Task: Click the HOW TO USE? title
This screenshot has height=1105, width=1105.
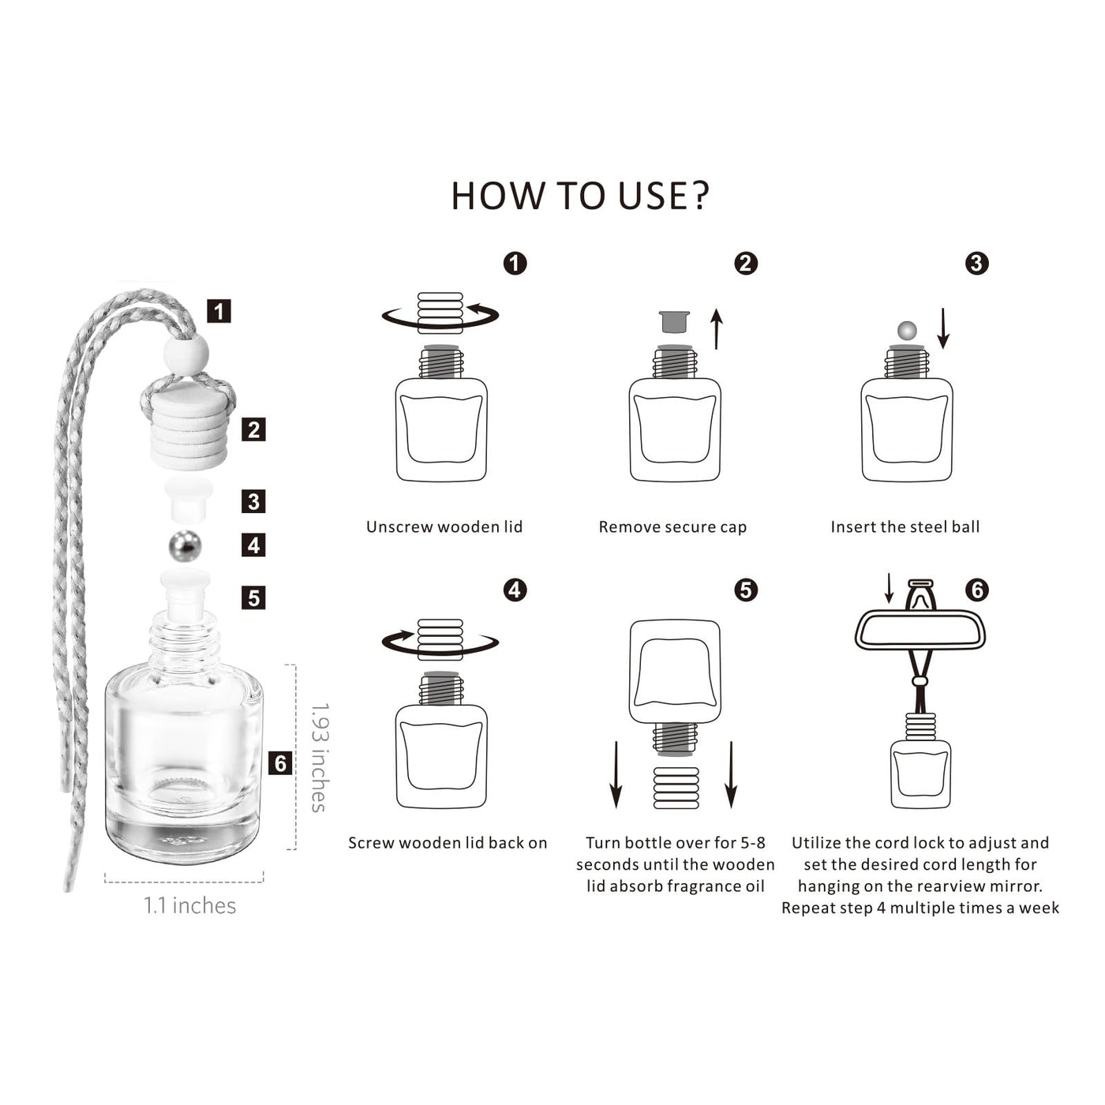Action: point(580,196)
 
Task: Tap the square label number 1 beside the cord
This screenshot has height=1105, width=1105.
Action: point(219,311)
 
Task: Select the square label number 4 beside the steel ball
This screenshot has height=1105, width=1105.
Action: point(253,545)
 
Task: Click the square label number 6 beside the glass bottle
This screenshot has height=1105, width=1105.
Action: point(280,763)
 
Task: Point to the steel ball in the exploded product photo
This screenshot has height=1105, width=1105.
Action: point(185,546)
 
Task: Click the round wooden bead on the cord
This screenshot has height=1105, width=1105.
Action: point(185,355)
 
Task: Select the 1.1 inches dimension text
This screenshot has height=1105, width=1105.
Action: point(189,905)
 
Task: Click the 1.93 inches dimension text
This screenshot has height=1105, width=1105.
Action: point(319,757)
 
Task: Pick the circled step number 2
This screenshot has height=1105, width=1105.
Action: point(745,263)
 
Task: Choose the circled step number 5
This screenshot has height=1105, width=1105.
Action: point(745,590)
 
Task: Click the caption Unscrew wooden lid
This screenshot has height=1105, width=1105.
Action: point(444,526)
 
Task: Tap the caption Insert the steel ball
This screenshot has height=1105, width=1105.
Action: point(905,526)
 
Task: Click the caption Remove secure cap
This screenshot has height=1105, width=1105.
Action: point(672,527)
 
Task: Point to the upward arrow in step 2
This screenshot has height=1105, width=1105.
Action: point(717,329)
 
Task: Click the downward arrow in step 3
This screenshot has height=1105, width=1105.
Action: point(943,328)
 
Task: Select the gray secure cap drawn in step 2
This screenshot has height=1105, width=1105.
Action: point(674,322)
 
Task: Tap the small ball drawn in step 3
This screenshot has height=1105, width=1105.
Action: point(907,331)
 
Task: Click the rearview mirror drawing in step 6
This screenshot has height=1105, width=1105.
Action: point(920,630)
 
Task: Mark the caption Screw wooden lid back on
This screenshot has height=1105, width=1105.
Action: point(448,842)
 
